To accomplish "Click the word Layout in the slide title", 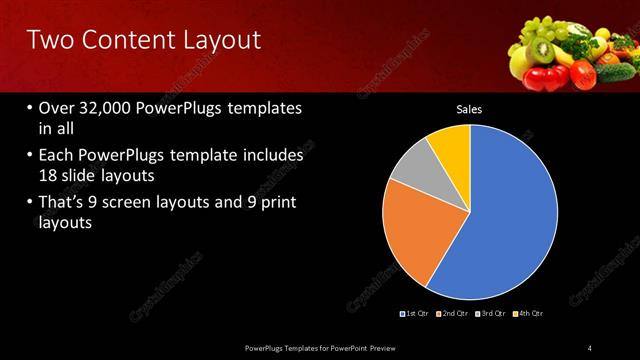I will pos(220,40).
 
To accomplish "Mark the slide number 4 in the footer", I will pos(590,347).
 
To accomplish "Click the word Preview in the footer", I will pos(381,347).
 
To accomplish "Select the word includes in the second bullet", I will pos(271,157).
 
